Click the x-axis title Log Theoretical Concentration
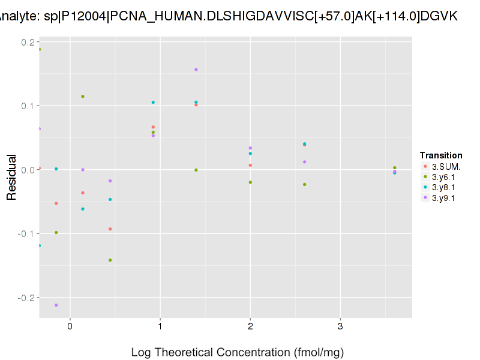click(x=237, y=352)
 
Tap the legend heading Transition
click(x=441, y=155)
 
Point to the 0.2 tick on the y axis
click(x=27, y=42)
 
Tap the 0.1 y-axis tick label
click(x=27, y=106)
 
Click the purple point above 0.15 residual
click(x=196, y=70)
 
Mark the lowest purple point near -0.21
click(x=56, y=305)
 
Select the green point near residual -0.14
click(x=110, y=260)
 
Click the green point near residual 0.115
click(x=83, y=97)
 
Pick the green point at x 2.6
click(x=305, y=184)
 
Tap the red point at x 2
click(x=250, y=166)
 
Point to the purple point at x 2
click(x=250, y=148)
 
